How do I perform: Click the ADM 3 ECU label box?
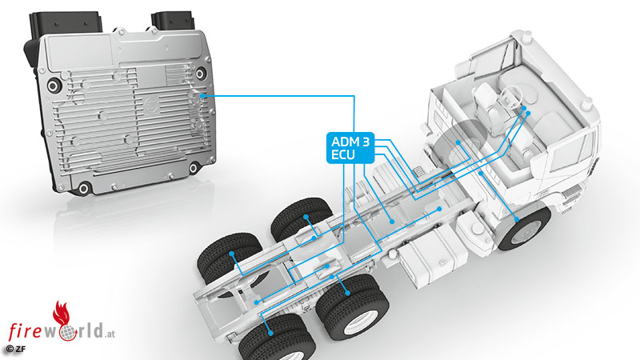tap(350, 148)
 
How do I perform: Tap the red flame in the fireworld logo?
tap(62, 314)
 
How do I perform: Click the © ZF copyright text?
tap(15, 349)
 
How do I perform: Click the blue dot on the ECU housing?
tap(202, 96)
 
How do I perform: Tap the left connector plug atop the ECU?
tap(65, 26)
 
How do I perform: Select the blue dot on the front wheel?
tap(517, 219)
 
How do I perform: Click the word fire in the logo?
tap(26, 330)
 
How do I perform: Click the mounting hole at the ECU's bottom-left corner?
tap(84, 188)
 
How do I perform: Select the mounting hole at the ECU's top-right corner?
tap(200, 74)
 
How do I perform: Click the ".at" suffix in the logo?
tap(110, 334)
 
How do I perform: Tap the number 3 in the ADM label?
tap(366, 142)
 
